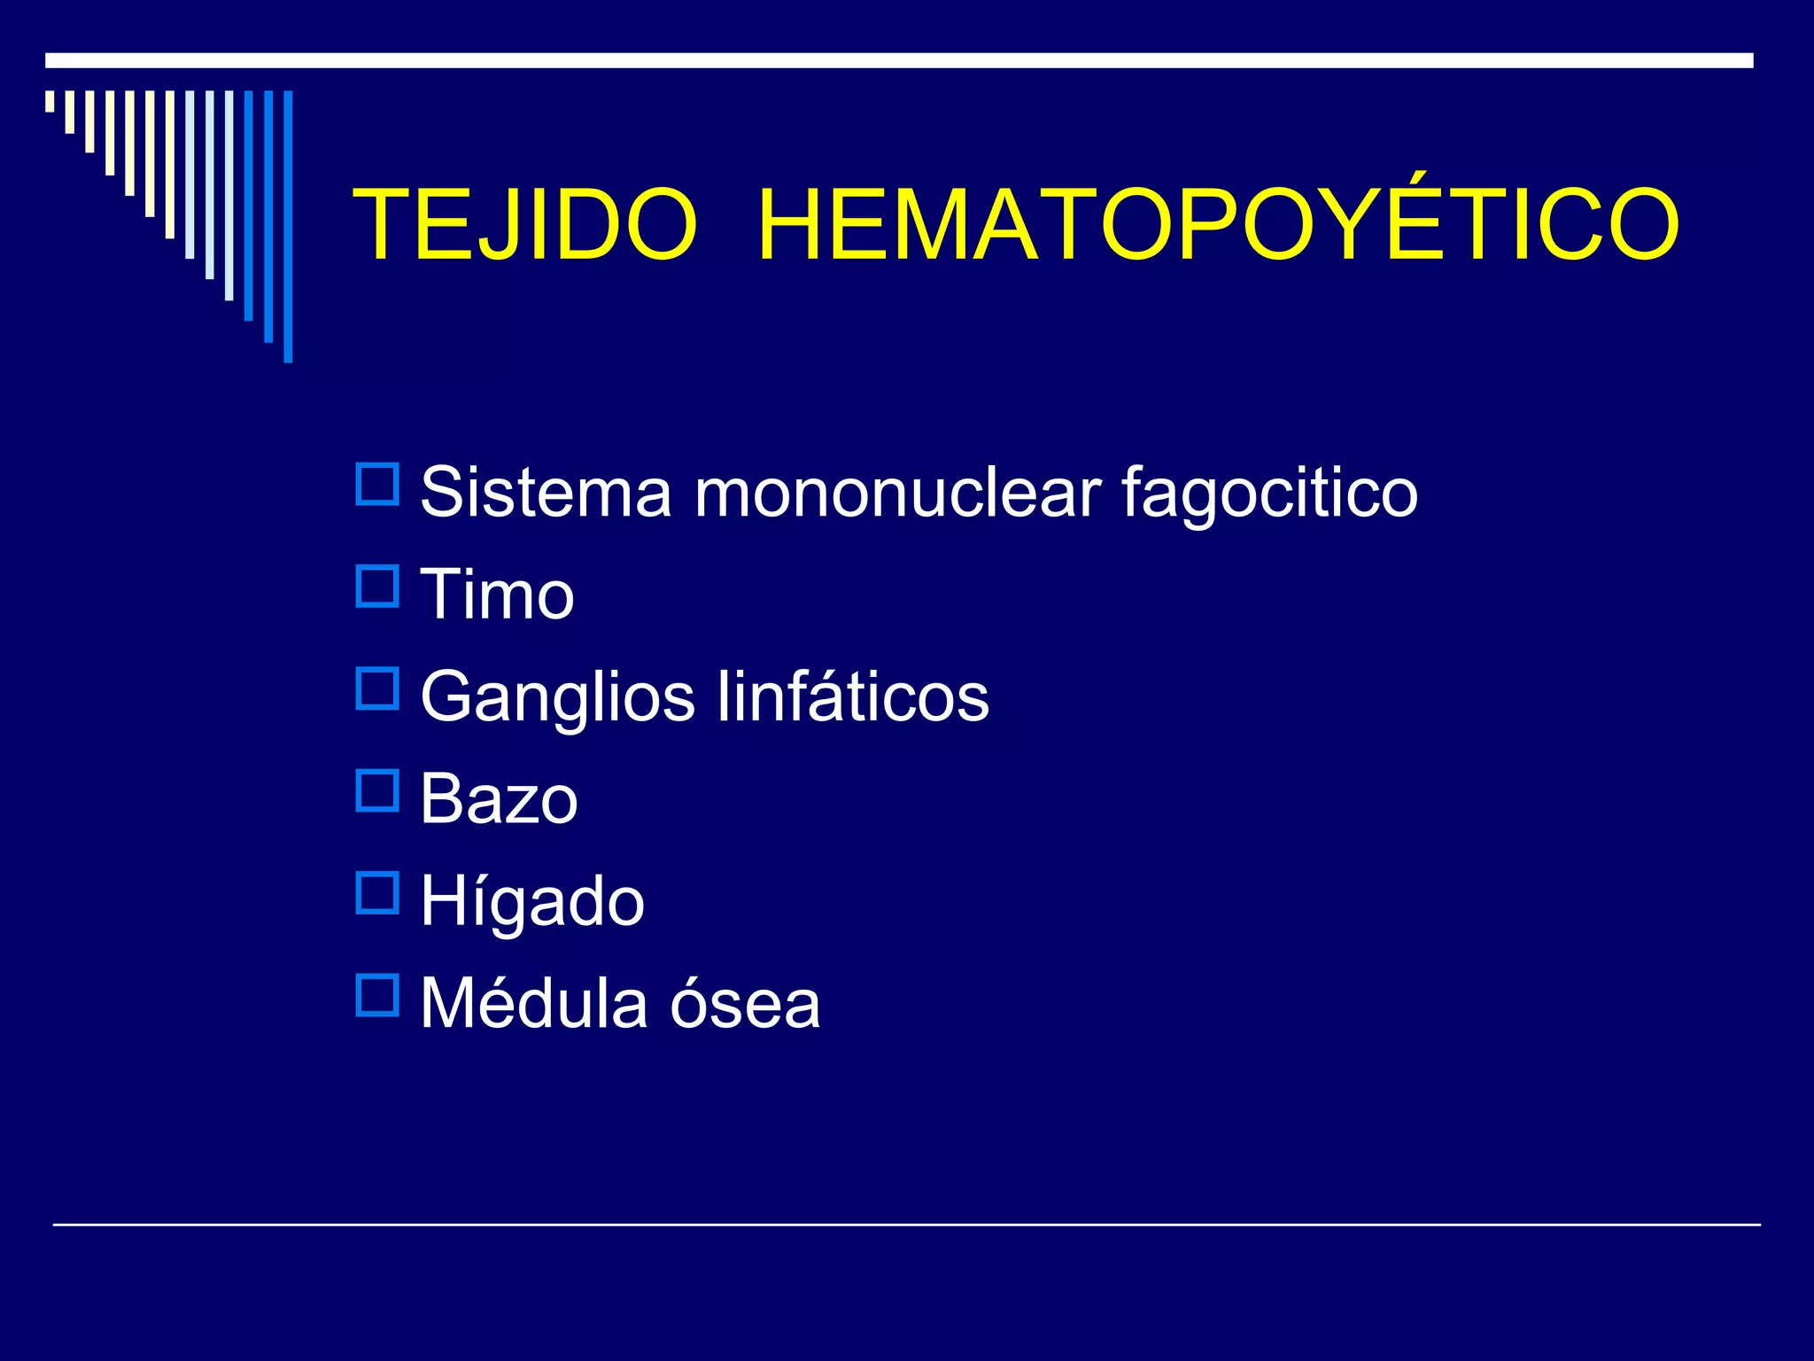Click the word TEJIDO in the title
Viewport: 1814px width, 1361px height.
[525, 225]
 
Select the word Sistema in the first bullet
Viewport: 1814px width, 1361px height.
[546, 492]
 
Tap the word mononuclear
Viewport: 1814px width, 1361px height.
[897, 492]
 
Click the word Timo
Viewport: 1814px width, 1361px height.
[497, 595]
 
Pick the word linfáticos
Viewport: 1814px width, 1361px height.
[853, 696]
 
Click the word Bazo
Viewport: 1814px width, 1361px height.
[499, 799]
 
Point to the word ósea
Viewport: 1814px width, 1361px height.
[745, 1005]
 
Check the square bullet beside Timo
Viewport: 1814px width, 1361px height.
[377, 587]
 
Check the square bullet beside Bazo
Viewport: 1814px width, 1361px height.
[377, 791]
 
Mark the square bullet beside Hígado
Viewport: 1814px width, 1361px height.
[377, 893]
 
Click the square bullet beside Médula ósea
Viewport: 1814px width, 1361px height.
[377, 995]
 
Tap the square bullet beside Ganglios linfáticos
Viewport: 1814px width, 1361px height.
[377, 688]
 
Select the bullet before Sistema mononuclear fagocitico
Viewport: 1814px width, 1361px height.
[377, 485]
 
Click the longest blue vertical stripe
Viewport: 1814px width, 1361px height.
[288, 226]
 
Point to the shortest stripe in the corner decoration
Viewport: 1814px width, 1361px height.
[50, 101]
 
